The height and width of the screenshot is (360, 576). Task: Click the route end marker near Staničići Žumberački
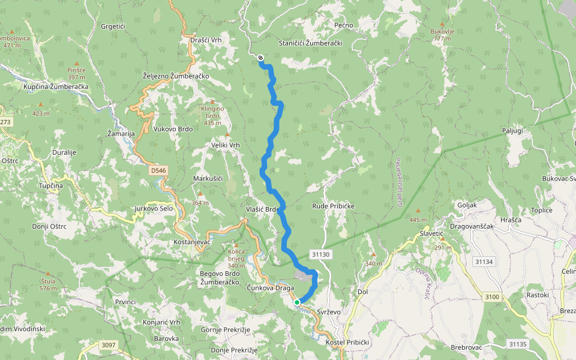coord(260,58)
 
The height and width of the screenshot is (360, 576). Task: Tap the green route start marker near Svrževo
coord(297,302)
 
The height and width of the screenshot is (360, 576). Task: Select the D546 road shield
coord(158,170)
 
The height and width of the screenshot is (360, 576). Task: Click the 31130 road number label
coord(321,254)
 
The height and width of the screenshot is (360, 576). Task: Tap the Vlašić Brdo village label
coord(261,209)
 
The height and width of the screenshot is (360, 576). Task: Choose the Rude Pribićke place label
coord(333,206)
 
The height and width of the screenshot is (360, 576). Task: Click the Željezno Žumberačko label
coord(176,76)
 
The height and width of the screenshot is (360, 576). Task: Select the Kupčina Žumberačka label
coord(56,87)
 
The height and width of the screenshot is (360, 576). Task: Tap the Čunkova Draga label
coord(270,287)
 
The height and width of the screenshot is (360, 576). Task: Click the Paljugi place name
coord(513,130)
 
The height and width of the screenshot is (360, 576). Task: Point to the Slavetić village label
coord(431,233)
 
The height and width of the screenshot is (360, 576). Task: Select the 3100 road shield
coord(491,297)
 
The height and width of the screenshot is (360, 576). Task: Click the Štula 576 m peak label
coord(48,284)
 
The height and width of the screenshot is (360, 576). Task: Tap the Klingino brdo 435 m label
coord(212,115)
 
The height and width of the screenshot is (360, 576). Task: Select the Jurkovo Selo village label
coord(154,208)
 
